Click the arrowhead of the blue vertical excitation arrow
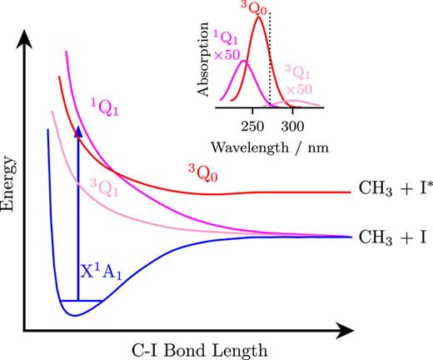(x=78, y=131)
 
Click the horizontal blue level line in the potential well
(x=81, y=300)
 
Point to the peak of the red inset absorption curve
(x=259, y=17)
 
